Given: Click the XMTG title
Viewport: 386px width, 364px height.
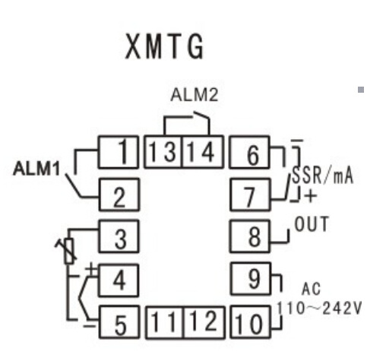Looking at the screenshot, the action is tap(165, 46).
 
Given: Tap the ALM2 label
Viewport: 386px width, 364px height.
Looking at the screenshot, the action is tap(195, 95).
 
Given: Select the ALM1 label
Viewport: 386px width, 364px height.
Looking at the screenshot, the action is tap(36, 169).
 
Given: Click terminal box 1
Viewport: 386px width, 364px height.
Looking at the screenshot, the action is tap(119, 152).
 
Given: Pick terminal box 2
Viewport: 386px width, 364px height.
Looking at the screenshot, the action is tap(119, 195).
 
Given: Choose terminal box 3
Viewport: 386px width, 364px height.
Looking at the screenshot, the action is tap(119, 236).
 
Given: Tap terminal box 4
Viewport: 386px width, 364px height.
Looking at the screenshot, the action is tap(119, 280).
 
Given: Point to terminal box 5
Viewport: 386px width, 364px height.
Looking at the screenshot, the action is tap(119, 322).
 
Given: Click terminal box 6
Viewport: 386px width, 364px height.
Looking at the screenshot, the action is tap(249, 152).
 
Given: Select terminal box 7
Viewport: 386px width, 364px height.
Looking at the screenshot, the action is tap(250, 195).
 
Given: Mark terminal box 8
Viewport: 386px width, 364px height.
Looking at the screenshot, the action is tap(250, 236).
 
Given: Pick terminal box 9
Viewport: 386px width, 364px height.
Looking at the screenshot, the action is tap(251, 279).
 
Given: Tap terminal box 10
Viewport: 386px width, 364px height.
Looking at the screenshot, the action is tap(251, 322).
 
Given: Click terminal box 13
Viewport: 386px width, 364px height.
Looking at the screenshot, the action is tap(163, 152).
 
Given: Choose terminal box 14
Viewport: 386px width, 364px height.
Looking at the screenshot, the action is tap(203, 152).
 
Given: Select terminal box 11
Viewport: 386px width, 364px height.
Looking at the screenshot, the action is tap(165, 322).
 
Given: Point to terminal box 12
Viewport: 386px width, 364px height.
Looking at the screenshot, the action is tap(204, 322).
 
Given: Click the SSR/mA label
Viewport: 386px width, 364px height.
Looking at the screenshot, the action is tap(322, 176).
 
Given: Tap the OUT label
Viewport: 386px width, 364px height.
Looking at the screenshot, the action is tap(312, 224).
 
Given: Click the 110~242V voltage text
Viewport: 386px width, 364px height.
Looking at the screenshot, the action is tap(319, 309).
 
